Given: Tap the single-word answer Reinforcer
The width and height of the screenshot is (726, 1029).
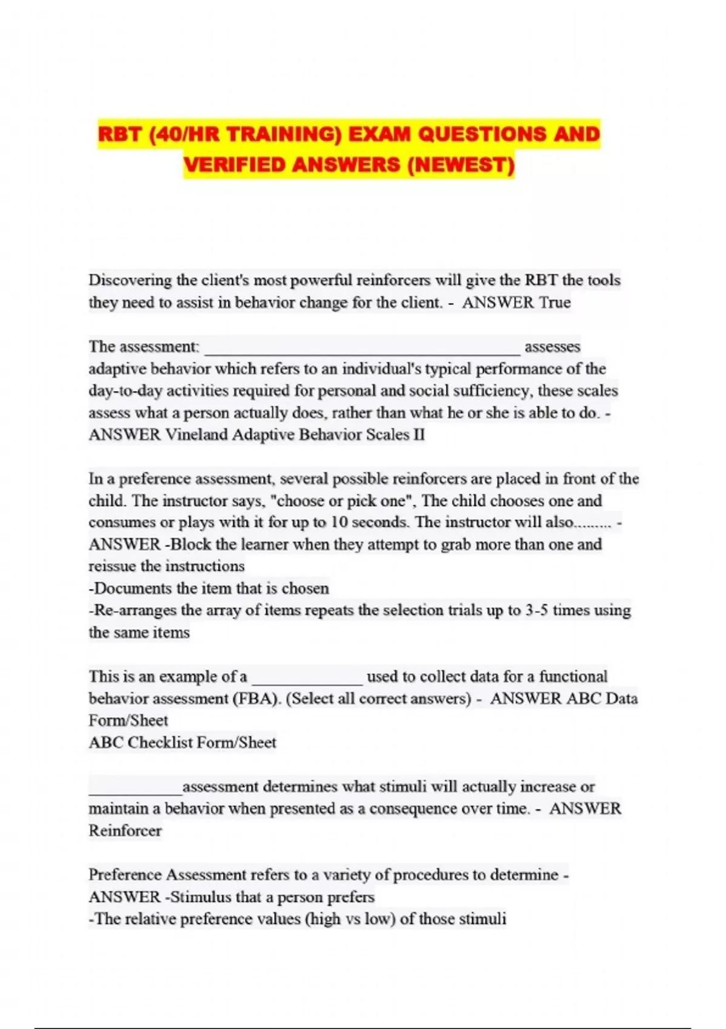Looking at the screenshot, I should [x=125, y=830].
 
